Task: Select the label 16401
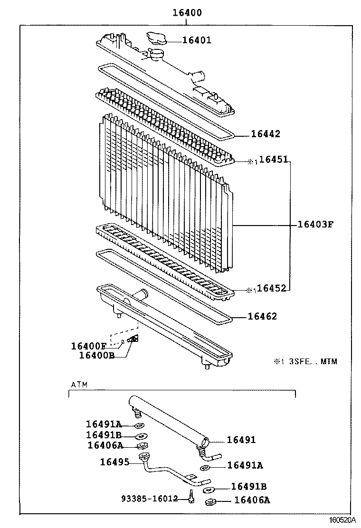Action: pyautogui.click(x=197, y=41)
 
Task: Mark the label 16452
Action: pyautogui.click(x=273, y=289)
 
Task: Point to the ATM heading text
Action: pyautogui.click(x=79, y=385)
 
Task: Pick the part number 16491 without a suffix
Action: pyautogui.click(x=241, y=440)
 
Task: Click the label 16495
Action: pyautogui.click(x=114, y=461)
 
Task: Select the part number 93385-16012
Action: pyautogui.click(x=149, y=499)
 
